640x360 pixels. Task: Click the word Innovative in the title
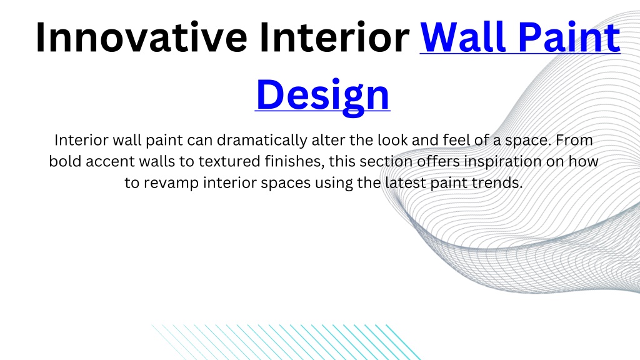point(141,37)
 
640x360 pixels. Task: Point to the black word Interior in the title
point(334,37)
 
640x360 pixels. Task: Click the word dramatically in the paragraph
point(262,140)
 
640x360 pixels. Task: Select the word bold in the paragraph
point(65,161)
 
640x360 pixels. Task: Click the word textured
point(229,161)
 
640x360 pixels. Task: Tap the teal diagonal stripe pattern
point(286,342)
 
